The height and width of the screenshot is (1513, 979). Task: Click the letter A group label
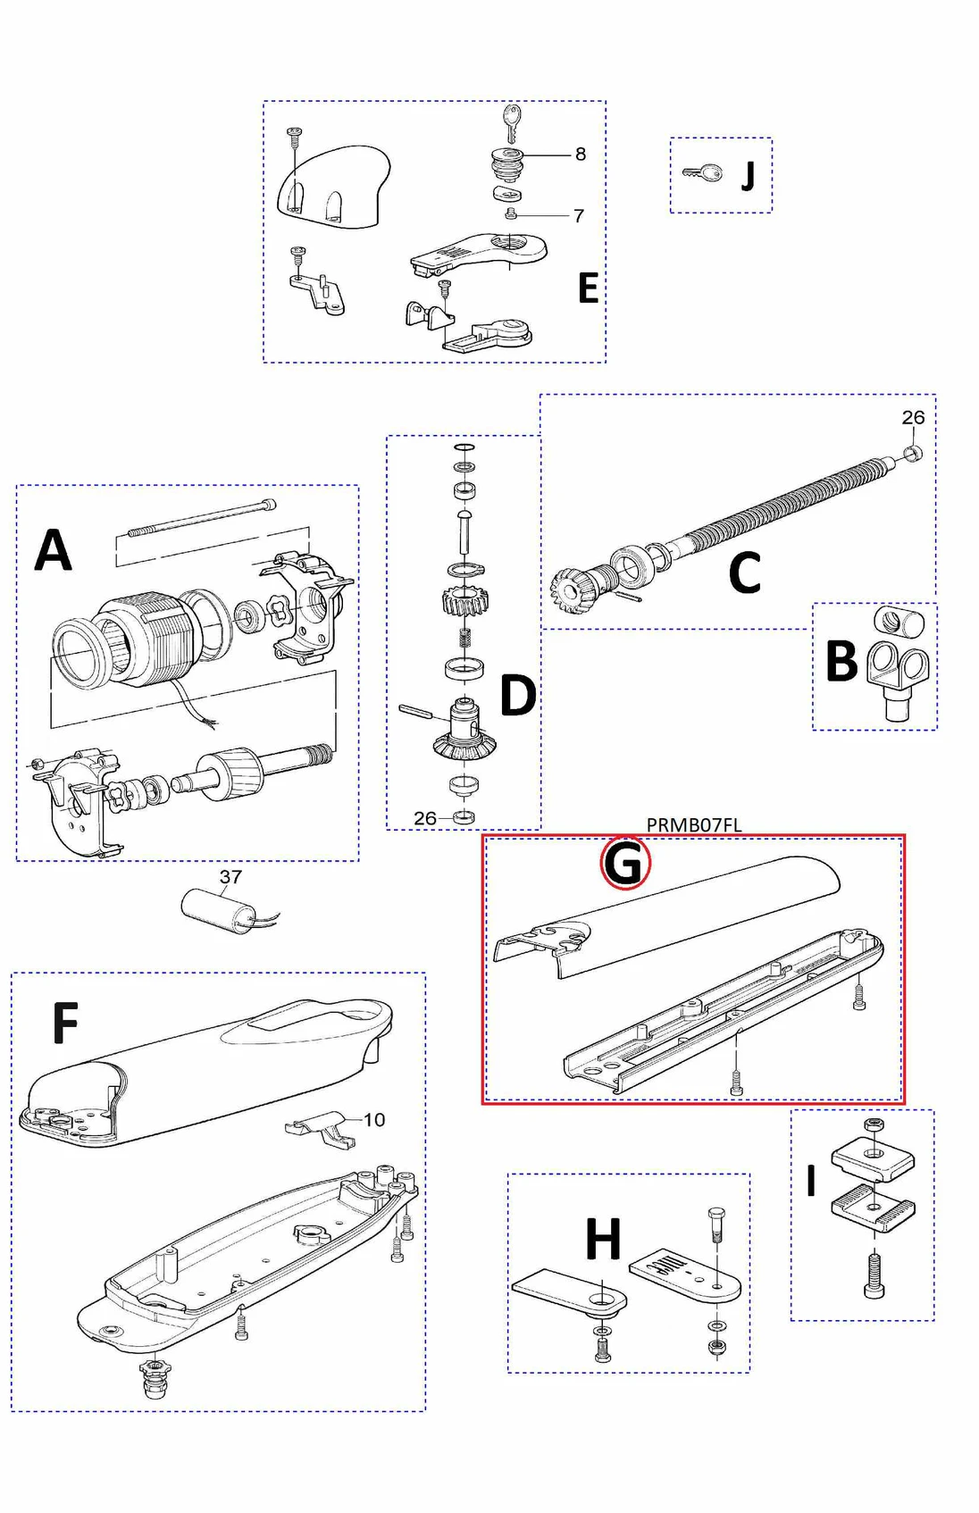pos(53,550)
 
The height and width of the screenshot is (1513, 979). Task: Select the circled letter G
pos(624,864)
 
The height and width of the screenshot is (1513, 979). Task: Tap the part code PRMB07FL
pos(694,825)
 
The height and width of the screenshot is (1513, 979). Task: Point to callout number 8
pos(581,155)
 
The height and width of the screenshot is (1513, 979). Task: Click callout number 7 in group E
pos(579,216)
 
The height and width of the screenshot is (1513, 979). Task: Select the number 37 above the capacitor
pos(230,877)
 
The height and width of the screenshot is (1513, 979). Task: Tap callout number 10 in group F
pos(374,1120)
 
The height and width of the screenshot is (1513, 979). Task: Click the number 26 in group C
pos(913,418)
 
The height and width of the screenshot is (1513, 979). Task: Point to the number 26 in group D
pos(425,818)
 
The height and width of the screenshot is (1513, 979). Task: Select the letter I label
pos(811,1181)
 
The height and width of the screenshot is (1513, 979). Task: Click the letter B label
pos(841,662)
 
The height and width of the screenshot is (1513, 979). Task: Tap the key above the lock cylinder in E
pos(511,121)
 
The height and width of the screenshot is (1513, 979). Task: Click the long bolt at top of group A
pos(201,519)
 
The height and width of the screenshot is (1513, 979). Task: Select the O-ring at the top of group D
pos(464,447)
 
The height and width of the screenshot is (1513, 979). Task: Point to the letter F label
pos(65,1024)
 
